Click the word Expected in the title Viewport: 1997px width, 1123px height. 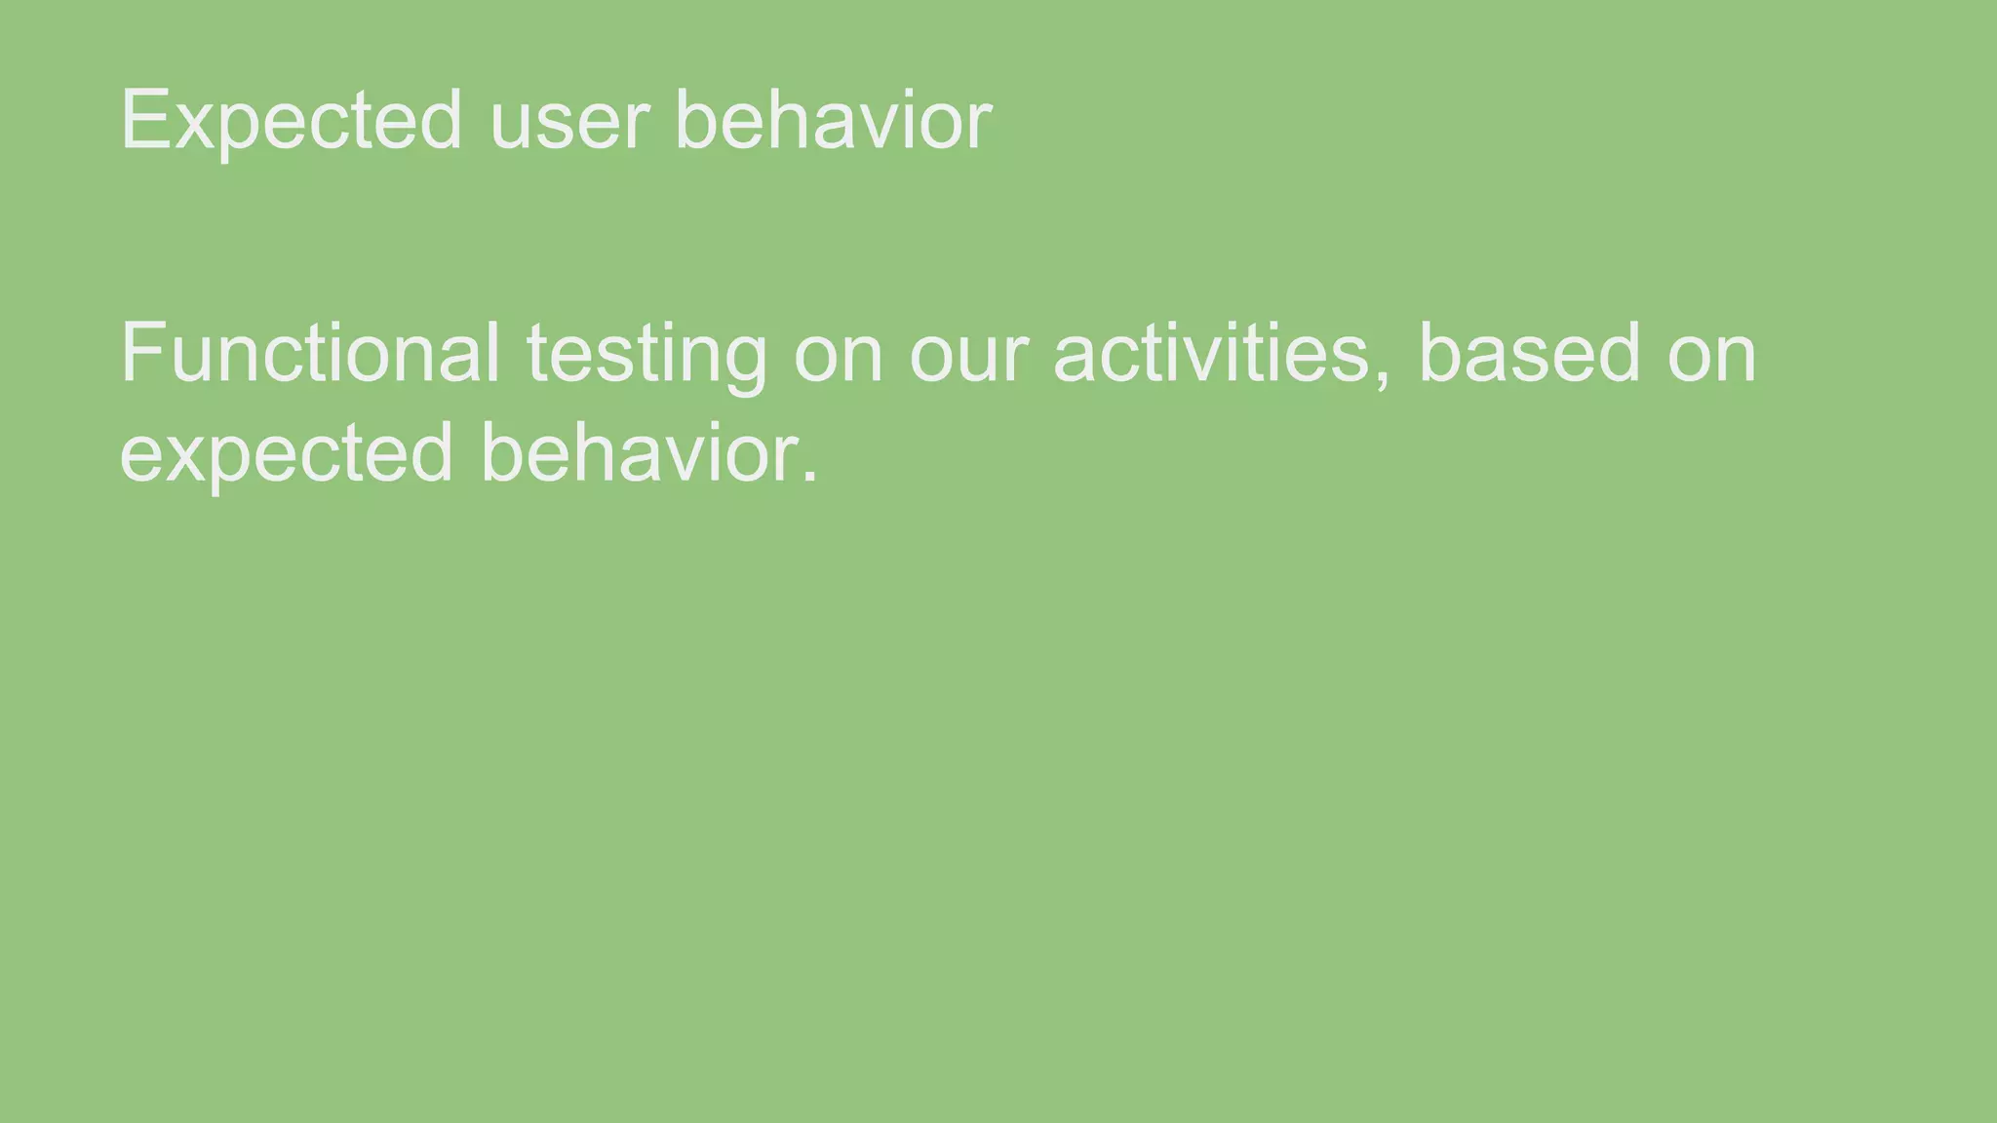tap(291, 121)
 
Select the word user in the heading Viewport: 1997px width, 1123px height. tap(568, 121)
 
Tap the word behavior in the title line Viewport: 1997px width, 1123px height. tap(833, 121)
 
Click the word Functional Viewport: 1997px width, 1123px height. tap(310, 353)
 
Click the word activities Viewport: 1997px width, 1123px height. tap(1212, 353)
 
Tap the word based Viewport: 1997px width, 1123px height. tap(1530, 353)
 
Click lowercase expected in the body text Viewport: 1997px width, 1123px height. tap(287, 454)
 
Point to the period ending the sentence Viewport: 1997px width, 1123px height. tap(808, 478)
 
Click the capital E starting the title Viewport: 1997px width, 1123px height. tap(141, 121)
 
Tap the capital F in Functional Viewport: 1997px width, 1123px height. tap(140, 353)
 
